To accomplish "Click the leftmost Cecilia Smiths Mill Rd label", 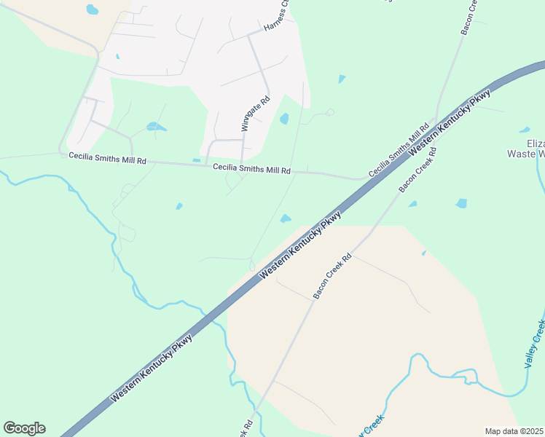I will tap(107, 158).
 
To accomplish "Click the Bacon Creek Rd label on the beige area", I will tap(332, 276).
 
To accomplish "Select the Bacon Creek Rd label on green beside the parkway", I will tap(417, 170).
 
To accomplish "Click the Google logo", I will tap(24, 428).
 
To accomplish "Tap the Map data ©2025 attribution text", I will tap(514, 431).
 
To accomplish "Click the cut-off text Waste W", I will tap(526, 154).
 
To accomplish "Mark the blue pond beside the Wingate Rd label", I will tap(284, 118).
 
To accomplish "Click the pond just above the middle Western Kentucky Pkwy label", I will tap(286, 218).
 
